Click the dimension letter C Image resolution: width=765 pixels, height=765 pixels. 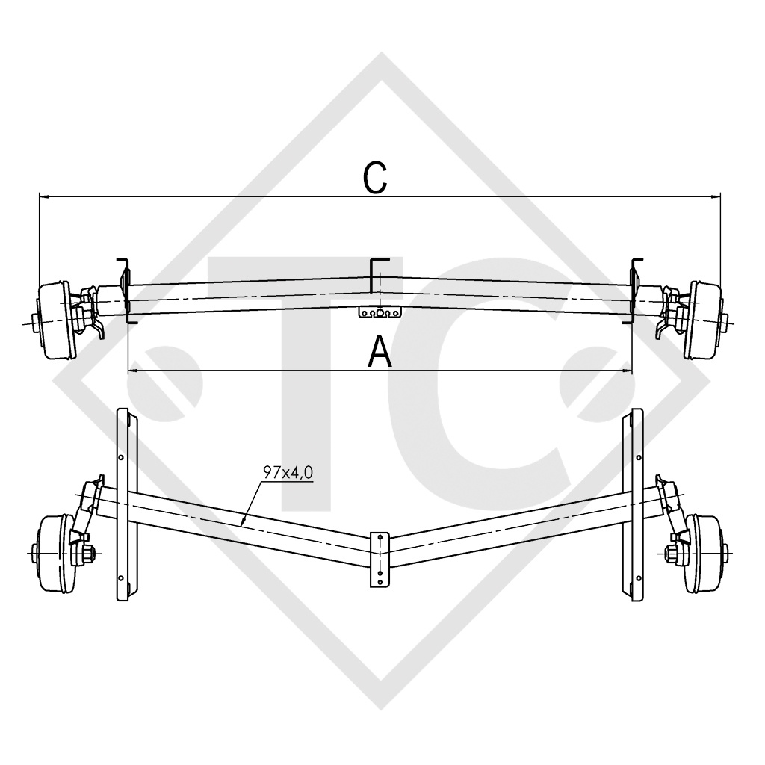[375, 178]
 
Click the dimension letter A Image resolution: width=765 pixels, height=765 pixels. [380, 351]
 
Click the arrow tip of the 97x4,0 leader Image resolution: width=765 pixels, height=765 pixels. [243, 520]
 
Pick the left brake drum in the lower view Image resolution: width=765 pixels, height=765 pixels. [54, 551]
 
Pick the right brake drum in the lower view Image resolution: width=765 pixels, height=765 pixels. [705, 551]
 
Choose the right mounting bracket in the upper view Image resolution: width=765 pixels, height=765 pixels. [635, 290]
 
